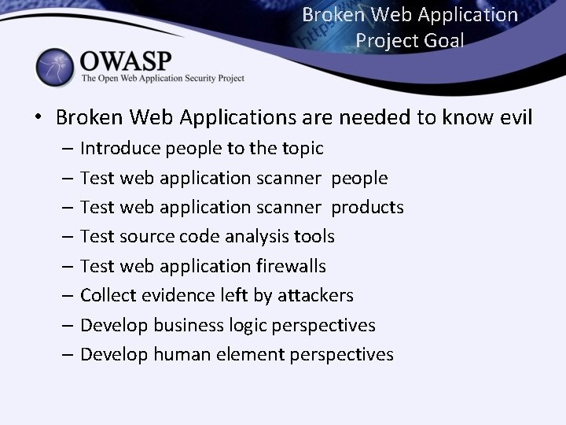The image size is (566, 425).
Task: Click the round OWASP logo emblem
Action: pos(56,67)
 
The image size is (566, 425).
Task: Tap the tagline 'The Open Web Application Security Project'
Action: pos(163,79)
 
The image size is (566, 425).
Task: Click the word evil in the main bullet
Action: pos(514,117)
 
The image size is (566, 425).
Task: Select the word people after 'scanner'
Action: pos(359,178)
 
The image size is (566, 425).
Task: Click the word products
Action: pos(367,207)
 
